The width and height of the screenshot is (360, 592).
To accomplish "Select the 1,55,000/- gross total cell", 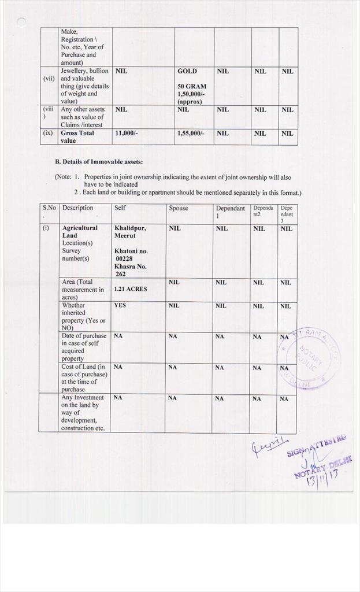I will (191, 133).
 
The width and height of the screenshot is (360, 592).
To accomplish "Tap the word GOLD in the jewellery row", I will (187, 71).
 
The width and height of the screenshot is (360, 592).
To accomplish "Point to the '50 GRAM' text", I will (192, 86).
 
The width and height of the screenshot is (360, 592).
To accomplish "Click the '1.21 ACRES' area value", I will (131, 289).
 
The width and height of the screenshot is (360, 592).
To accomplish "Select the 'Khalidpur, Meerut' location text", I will (130, 232).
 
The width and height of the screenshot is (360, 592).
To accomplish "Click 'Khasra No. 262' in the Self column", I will (131, 270).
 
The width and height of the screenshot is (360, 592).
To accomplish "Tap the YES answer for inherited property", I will (120, 305).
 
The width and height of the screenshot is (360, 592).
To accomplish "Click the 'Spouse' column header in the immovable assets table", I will (179, 208).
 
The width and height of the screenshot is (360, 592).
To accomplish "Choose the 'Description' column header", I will (77, 208).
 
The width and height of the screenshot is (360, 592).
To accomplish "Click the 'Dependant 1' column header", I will (231, 212).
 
